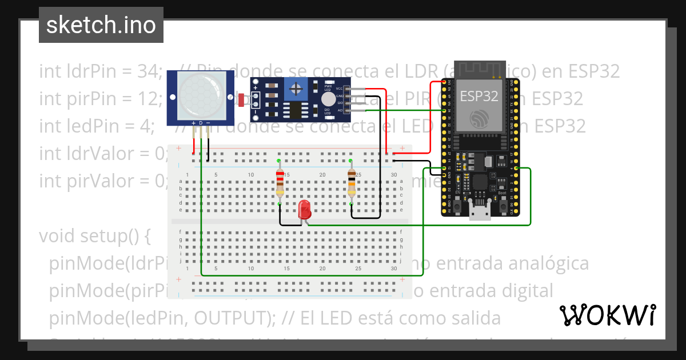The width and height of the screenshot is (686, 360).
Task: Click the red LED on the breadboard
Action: pyautogui.click(x=305, y=210)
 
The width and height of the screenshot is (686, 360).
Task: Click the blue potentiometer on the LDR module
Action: pyautogui.click(x=296, y=89)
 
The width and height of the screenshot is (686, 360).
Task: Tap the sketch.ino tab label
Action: pyautogui.click(x=101, y=25)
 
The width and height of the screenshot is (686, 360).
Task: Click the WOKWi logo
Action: pyautogui.click(x=607, y=315)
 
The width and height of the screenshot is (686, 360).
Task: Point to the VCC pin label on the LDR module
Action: pyautogui.click(x=340, y=89)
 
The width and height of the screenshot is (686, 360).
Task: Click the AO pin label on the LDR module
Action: pyautogui.click(x=340, y=110)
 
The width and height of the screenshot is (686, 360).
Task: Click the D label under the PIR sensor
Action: pyautogui.click(x=201, y=123)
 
